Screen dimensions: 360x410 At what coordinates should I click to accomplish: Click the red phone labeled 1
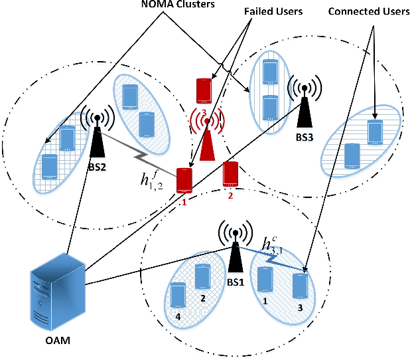tap(184, 181)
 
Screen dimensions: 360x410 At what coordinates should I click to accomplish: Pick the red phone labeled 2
tap(230, 174)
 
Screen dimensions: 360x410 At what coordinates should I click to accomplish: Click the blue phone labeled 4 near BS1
tap(177, 294)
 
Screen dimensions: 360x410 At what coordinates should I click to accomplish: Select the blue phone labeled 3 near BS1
tap(300, 284)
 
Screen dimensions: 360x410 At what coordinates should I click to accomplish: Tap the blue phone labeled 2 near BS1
tap(201, 274)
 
